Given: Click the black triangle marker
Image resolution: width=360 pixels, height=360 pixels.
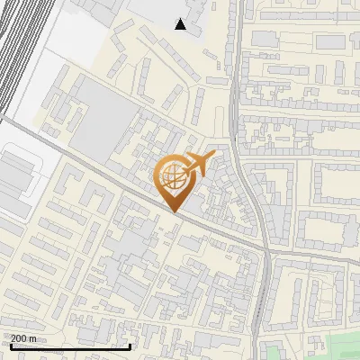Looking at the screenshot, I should (181, 24).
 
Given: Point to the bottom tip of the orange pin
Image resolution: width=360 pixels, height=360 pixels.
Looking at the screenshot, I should (173, 211).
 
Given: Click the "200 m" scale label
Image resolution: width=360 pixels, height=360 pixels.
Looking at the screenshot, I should (23, 338).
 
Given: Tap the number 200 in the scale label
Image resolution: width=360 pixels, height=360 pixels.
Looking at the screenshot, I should (19, 338).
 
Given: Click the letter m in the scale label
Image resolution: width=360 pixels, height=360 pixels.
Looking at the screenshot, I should (33, 338).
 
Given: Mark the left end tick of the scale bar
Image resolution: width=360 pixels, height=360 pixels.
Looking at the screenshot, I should (10, 345).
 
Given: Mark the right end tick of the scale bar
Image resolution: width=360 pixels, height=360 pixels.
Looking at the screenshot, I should (131, 345).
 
